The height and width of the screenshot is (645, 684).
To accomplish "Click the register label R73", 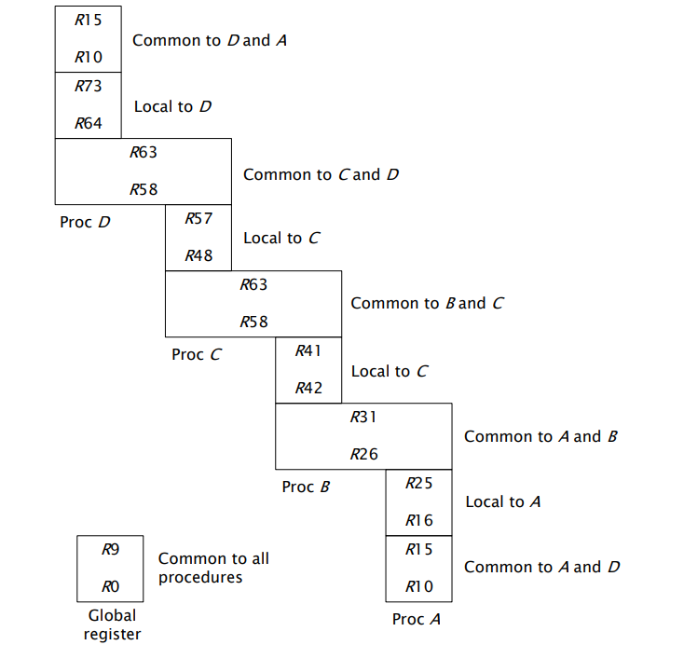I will coord(89,87).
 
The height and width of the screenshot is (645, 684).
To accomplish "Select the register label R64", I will coord(89,123).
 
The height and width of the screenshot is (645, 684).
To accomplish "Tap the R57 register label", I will coord(198,219).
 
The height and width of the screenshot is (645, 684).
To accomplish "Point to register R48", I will coord(198,255).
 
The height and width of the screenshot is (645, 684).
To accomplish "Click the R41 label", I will coord(308,351).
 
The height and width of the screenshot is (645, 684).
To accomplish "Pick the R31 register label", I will coord(363,418).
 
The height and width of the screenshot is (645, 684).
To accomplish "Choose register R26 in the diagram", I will coord(363,455).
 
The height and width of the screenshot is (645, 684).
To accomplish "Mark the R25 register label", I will coord(419,484).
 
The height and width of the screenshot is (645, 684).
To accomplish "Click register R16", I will coord(419,521).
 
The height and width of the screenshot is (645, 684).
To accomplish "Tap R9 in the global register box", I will coord(111,550).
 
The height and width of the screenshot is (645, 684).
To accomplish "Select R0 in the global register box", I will coord(111,587).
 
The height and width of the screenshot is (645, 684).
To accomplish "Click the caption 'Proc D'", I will coord(86,223).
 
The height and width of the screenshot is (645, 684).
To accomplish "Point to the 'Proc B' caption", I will coord(307,487).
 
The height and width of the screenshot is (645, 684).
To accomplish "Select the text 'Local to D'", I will coord(172,106).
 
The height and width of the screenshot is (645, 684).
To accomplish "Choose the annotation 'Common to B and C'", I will coord(427,303).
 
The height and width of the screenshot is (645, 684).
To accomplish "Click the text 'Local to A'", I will coord(503,501).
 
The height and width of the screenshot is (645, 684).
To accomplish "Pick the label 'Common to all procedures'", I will coord(213,568).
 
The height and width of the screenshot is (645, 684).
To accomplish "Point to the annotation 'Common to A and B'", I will coord(540,436).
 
